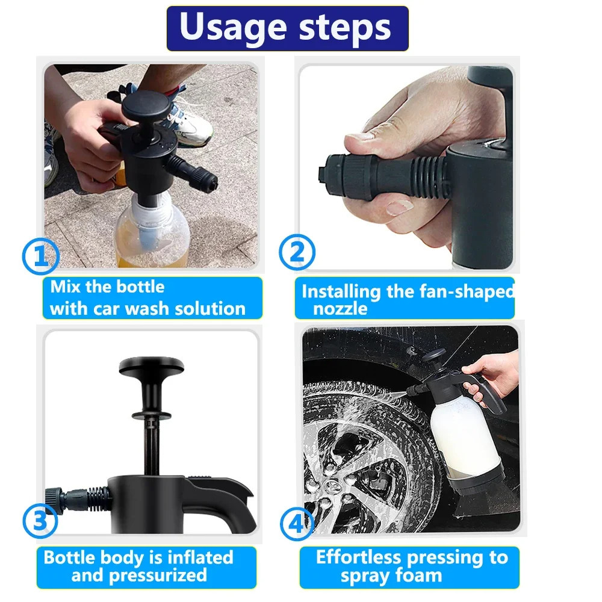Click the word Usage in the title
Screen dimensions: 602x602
tap(233, 28)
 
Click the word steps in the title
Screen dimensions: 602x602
tap(345, 28)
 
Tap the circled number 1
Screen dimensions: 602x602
tap(41, 256)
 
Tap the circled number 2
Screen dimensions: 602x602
tap(297, 252)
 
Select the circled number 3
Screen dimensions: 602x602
tap(40, 521)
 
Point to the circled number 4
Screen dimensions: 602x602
tap(297, 523)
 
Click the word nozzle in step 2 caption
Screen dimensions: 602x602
tap(340, 309)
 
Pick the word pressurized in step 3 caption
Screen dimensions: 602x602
tap(158, 576)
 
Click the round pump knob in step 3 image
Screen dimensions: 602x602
tap(152, 365)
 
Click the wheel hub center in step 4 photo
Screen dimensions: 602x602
tap(334, 486)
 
